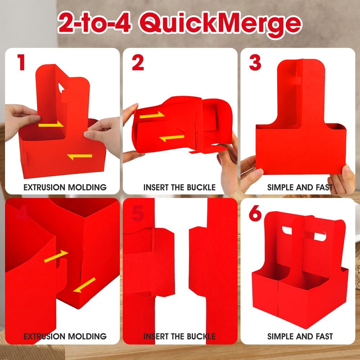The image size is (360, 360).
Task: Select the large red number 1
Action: (x=21, y=62)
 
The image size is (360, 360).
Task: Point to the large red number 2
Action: (x=138, y=63)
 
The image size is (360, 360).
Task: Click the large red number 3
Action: (x=255, y=63)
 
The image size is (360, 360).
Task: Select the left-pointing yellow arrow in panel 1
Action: (x=80, y=156)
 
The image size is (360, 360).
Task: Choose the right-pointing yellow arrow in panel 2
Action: (x=152, y=116)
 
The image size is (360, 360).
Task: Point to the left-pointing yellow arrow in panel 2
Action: (x=172, y=138)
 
